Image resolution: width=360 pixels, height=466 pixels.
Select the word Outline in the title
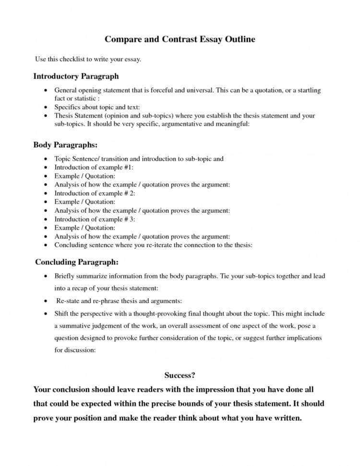point(238,39)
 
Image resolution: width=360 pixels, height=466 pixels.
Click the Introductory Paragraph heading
point(76,76)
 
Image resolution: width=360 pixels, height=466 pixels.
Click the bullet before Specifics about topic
point(45,107)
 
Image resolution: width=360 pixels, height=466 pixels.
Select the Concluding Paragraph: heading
point(77,263)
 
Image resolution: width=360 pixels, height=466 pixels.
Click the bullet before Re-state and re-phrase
point(45,301)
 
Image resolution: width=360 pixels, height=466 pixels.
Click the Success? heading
point(180,375)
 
